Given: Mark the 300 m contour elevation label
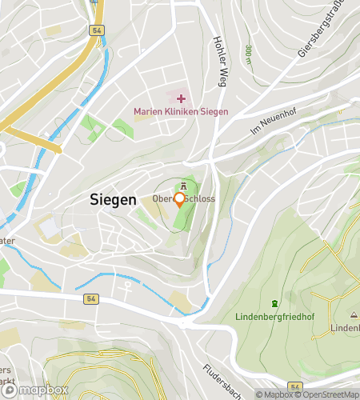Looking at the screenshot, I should [x=249, y=53].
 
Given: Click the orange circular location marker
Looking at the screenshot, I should [x=180, y=198].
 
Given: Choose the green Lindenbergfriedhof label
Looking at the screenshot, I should [x=275, y=317].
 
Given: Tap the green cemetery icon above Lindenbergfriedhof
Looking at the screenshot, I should [x=275, y=303].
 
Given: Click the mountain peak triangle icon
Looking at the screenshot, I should [x=354, y=314].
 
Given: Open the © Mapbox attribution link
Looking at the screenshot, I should [x=274, y=394].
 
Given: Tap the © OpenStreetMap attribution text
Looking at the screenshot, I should [x=326, y=394].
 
